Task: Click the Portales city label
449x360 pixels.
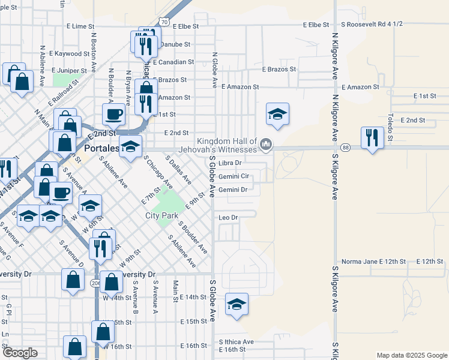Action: click(100, 148)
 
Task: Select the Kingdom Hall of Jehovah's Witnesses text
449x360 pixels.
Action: click(227, 144)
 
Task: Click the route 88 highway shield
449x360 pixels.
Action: click(345, 148)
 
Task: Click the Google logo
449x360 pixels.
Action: click(20, 353)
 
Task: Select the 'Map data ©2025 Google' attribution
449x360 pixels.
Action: click(412, 355)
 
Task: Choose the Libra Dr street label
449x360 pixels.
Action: click(230, 163)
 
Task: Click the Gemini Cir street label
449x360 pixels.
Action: click(234, 177)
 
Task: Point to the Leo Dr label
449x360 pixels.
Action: click(229, 217)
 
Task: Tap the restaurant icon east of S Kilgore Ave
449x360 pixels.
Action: click(372, 138)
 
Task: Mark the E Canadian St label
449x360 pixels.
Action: click(173, 62)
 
